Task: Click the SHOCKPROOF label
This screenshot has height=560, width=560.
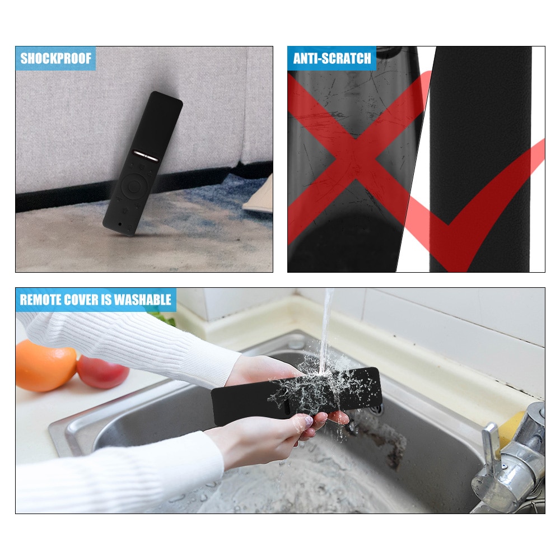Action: tap(55, 58)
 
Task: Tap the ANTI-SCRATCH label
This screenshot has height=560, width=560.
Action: tap(332, 58)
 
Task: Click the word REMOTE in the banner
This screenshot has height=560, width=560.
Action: tap(41, 300)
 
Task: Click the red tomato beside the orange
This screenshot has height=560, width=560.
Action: tap(103, 371)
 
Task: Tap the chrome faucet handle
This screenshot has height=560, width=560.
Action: tap(491, 442)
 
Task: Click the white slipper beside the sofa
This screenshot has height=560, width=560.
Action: tap(259, 200)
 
